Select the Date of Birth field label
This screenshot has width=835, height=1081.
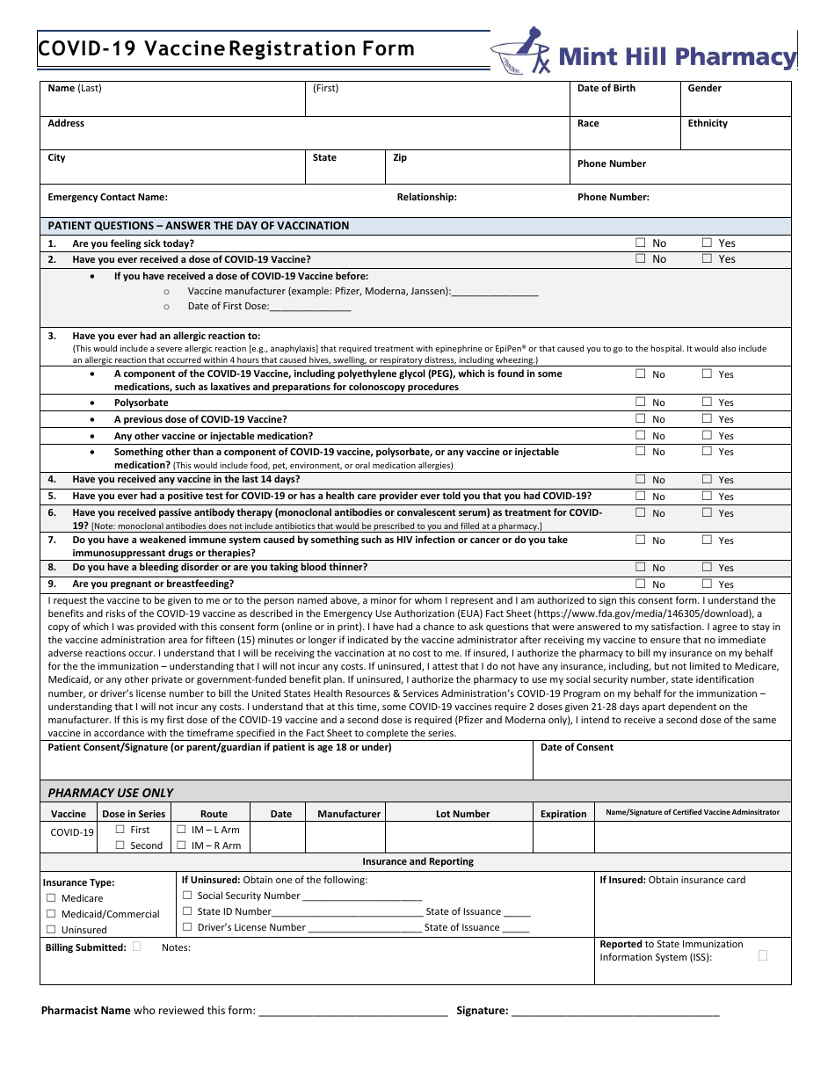[606, 88]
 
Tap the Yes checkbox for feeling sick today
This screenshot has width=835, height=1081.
[707, 243]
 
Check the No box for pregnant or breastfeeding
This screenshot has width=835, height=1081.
[640, 584]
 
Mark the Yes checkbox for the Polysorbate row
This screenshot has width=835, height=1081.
[707, 402]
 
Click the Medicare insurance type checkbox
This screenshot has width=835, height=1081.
[51, 897]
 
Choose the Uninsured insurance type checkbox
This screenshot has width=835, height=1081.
[51, 929]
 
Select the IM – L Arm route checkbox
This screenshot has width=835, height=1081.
[181, 829]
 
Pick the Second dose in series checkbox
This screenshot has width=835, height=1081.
[120, 845]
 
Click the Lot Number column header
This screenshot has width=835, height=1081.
[462, 814]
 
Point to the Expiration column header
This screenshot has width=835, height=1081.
[563, 814]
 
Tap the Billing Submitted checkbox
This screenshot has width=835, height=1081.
[136, 947]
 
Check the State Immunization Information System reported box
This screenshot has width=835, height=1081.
[762, 954]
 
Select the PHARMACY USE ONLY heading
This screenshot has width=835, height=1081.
[111, 792]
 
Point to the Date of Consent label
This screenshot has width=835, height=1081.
[577, 747]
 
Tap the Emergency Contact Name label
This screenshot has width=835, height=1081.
[107, 197]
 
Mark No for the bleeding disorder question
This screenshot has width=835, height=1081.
[640, 567]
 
